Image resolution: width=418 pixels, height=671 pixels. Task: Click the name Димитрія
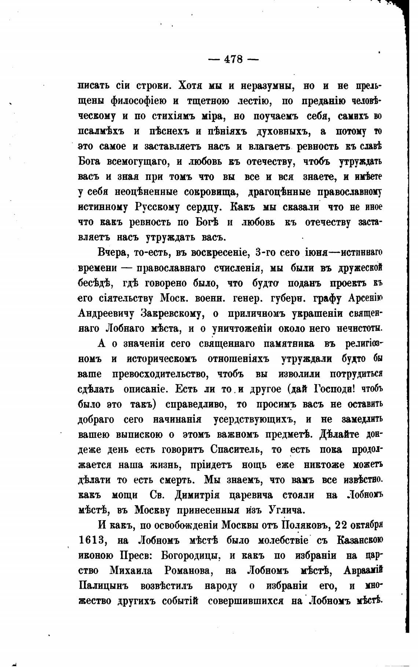197,495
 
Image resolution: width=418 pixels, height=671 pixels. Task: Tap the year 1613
92,541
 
